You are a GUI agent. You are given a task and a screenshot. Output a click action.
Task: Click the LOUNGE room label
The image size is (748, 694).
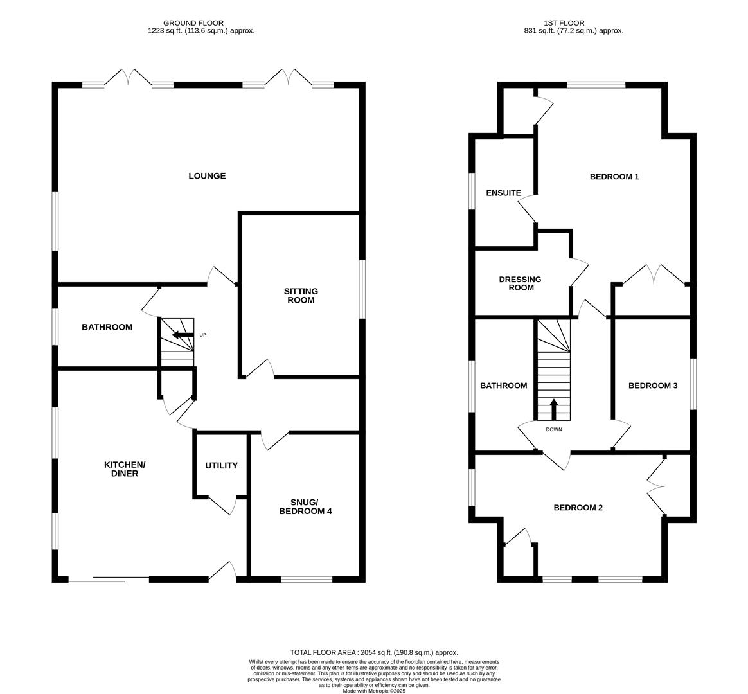click(207, 176)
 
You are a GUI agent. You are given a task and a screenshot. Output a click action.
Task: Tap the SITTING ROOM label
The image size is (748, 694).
click(301, 296)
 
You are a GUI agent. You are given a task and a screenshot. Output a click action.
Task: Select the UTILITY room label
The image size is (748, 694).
click(222, 466)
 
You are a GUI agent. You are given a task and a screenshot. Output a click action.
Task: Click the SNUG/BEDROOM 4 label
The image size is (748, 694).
click(305, 506)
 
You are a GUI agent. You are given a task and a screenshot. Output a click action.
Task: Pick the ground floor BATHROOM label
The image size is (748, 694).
click(107, 327)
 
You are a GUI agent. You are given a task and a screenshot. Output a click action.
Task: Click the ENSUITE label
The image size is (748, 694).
click(503, 193)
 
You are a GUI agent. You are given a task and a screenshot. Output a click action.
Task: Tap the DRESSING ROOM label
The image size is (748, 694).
click(520, 283)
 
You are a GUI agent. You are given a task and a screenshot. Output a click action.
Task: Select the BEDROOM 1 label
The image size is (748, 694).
click(614, 177)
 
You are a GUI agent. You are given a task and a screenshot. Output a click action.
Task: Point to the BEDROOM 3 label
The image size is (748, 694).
click(652, 386)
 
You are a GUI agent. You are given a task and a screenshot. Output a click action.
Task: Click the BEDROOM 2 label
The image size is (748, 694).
click(578, 508)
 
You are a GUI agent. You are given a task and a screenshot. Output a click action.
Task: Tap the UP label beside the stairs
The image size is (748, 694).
click(203, 335)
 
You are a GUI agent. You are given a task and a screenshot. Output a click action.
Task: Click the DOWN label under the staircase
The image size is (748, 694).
click(553, 429)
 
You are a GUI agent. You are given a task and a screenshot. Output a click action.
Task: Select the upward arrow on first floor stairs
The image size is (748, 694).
click(554, 409)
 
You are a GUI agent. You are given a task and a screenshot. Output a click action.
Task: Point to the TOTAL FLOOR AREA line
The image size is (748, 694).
click(374, 652)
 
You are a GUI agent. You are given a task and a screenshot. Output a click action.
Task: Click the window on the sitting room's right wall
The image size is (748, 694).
click(362, 289)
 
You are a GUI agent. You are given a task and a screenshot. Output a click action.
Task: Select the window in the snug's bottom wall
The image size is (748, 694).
click(307, 580)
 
